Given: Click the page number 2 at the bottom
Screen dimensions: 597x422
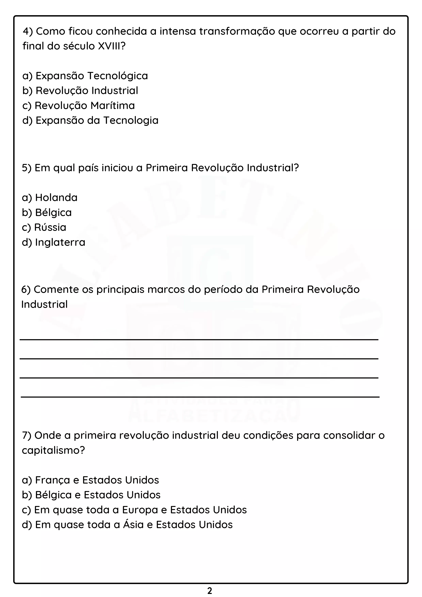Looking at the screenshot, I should (210, 591).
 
